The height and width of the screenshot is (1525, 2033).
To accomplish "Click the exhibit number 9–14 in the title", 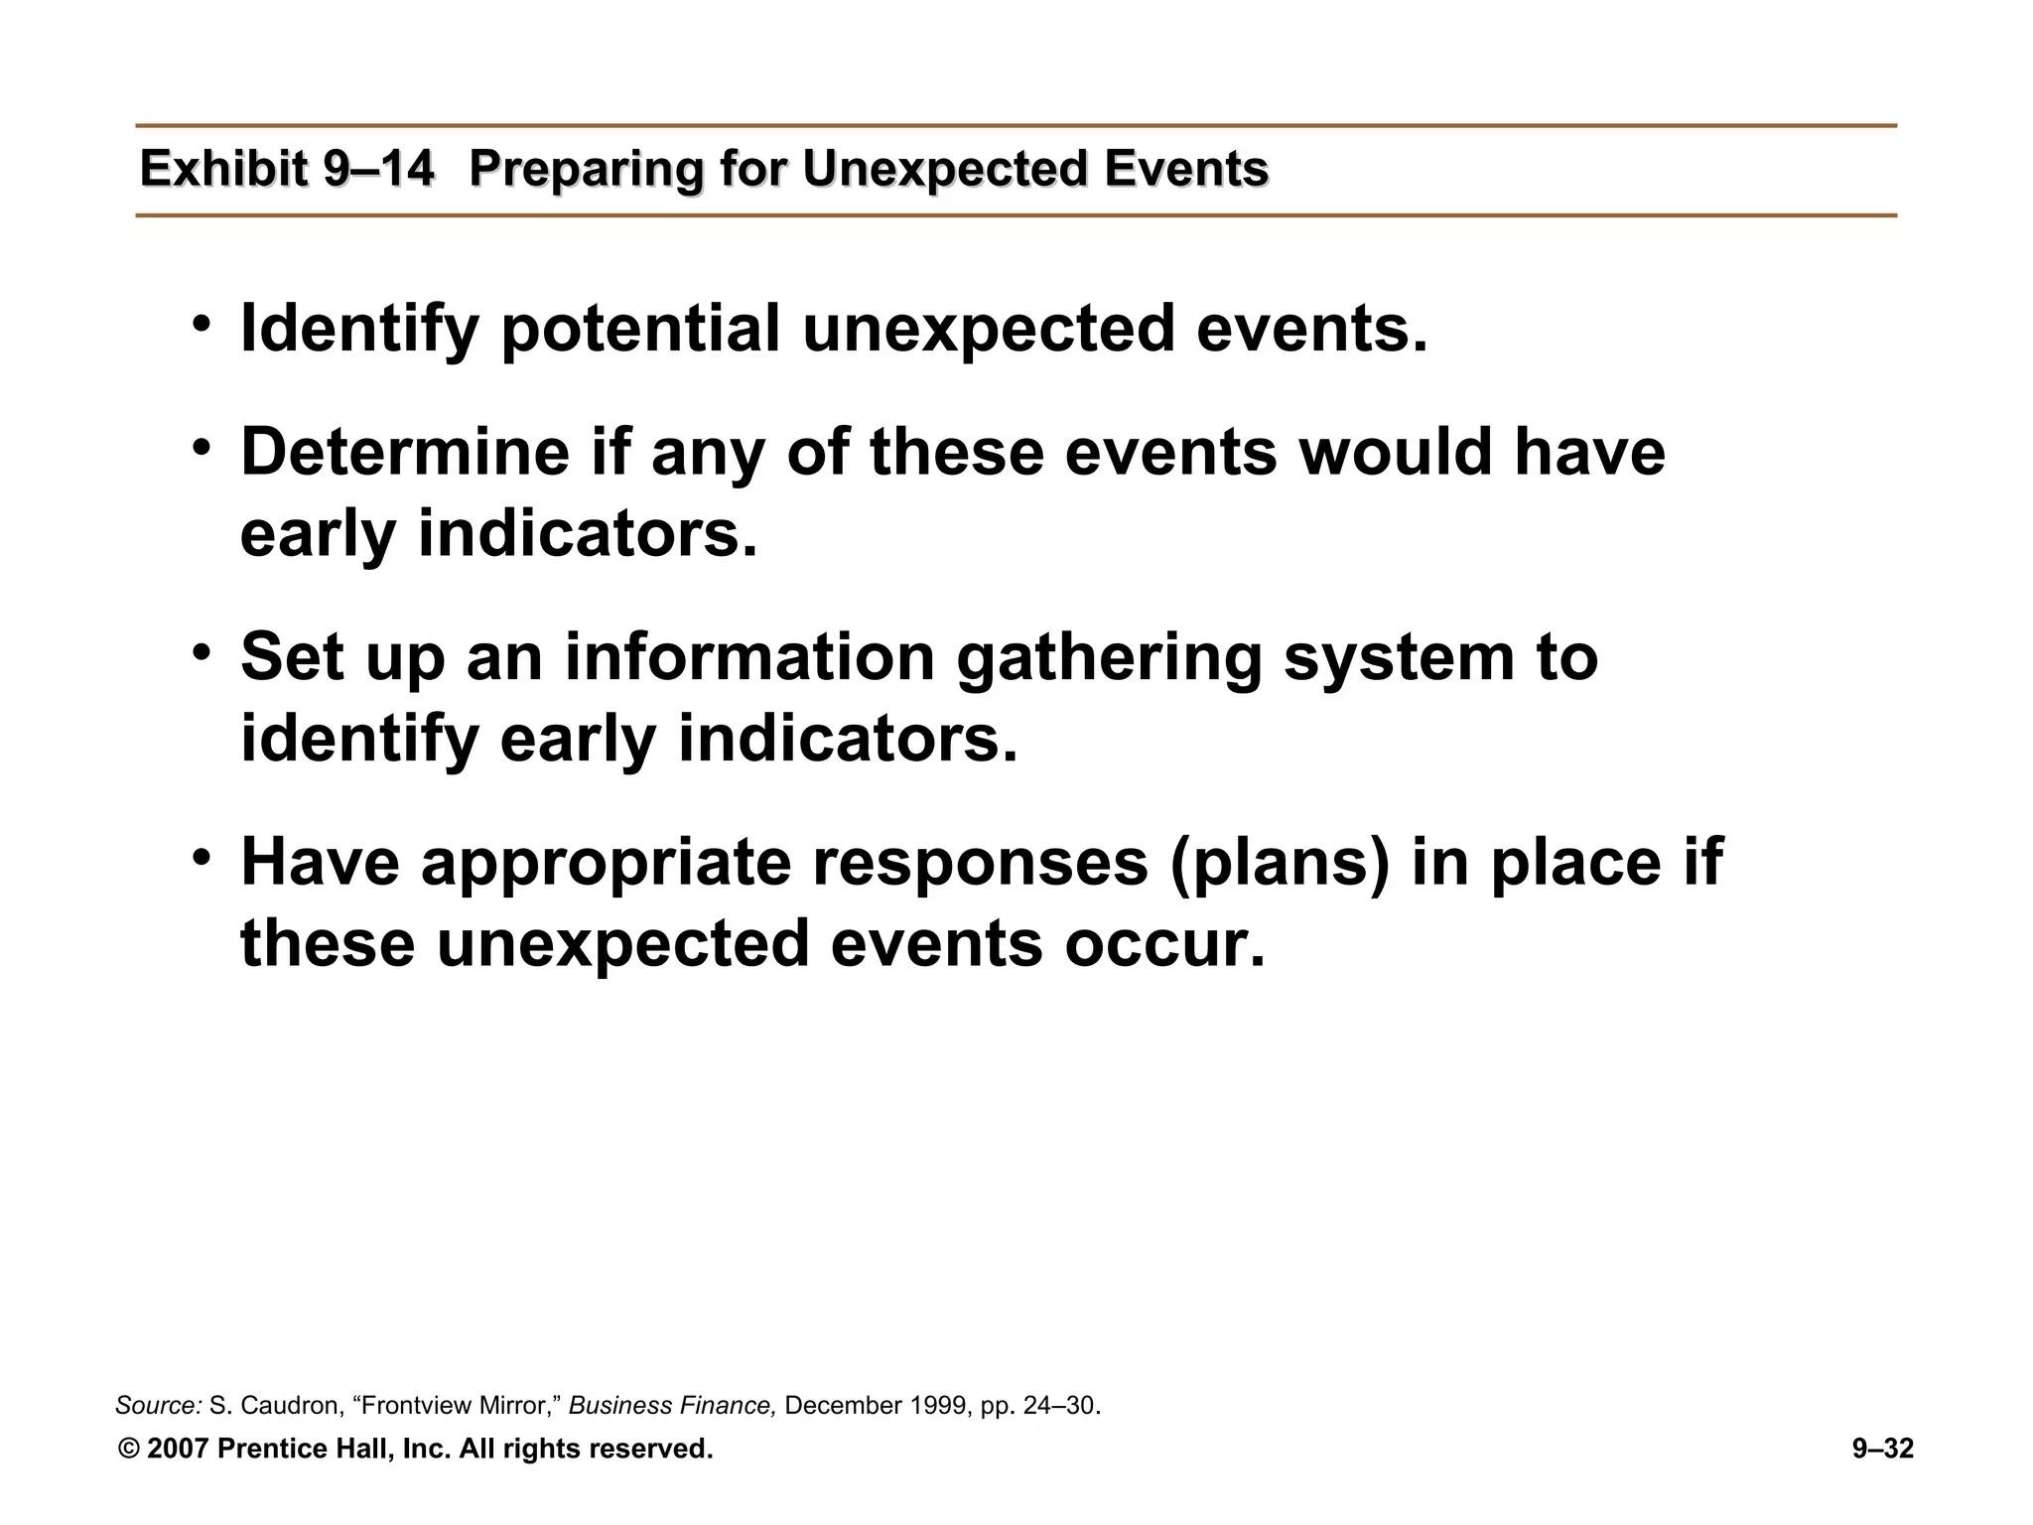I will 378,169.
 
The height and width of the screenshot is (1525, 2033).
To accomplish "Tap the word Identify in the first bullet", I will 359,330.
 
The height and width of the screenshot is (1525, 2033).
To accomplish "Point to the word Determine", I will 405,452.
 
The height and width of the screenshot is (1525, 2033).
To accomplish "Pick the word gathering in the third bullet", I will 1109,658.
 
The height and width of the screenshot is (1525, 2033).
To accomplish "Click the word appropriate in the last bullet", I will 606,863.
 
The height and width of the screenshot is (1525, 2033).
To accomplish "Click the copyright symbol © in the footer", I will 128,1450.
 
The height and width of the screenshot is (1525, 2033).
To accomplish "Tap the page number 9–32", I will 1882,1450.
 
